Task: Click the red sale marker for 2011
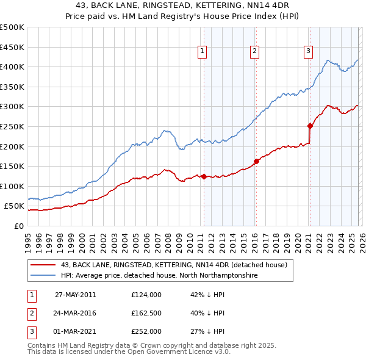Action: tap(204, 177)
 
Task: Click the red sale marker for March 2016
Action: tap(256, 162)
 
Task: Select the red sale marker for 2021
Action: tap(310, 126)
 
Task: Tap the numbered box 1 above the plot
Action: tap(202, 51)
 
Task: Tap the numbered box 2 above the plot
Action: tap(254, 51)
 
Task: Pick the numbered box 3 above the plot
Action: tap(308, 51)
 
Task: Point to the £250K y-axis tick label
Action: tap(12, 126)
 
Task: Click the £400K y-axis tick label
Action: tap(12, 67)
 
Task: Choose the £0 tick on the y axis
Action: tap(18, 226)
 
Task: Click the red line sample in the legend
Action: tap(43, 264)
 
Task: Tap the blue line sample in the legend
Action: tap(43, 275)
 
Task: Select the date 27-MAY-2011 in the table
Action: tap(75, 294)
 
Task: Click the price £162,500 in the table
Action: tap(146, 313)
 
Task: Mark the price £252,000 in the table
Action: tap(146, 332)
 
